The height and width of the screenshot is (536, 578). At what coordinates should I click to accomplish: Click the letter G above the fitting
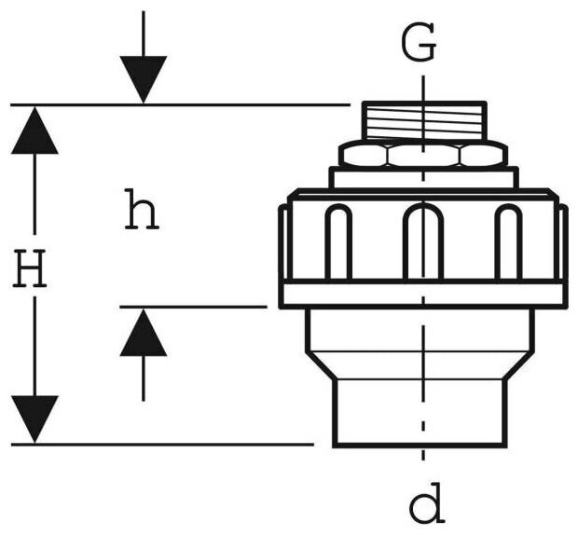[x=420, y=43]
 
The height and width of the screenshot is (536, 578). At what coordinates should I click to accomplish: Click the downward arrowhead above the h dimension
[x=144, y=78]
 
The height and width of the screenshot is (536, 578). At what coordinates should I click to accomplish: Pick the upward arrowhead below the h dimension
[x=144, y=334]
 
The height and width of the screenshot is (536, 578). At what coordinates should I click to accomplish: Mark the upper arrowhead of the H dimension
[x=34, y=131]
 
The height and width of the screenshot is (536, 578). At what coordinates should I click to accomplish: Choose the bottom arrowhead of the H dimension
[x=34, y=419]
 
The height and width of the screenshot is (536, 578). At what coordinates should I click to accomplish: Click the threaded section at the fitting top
[x=423, y=122]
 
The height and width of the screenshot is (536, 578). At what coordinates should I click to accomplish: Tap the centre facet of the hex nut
[x=423, y=154]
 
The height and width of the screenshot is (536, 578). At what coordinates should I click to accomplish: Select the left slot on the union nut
[x=338, y=242]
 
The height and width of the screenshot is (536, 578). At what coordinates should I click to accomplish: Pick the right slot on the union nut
[x=508, y=242]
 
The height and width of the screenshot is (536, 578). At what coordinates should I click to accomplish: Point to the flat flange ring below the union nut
[x=423, y=295]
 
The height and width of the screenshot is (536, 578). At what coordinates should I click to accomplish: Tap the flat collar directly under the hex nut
[x=423, y=178]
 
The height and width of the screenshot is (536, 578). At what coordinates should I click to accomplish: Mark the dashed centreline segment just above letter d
[x=423, y=461]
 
